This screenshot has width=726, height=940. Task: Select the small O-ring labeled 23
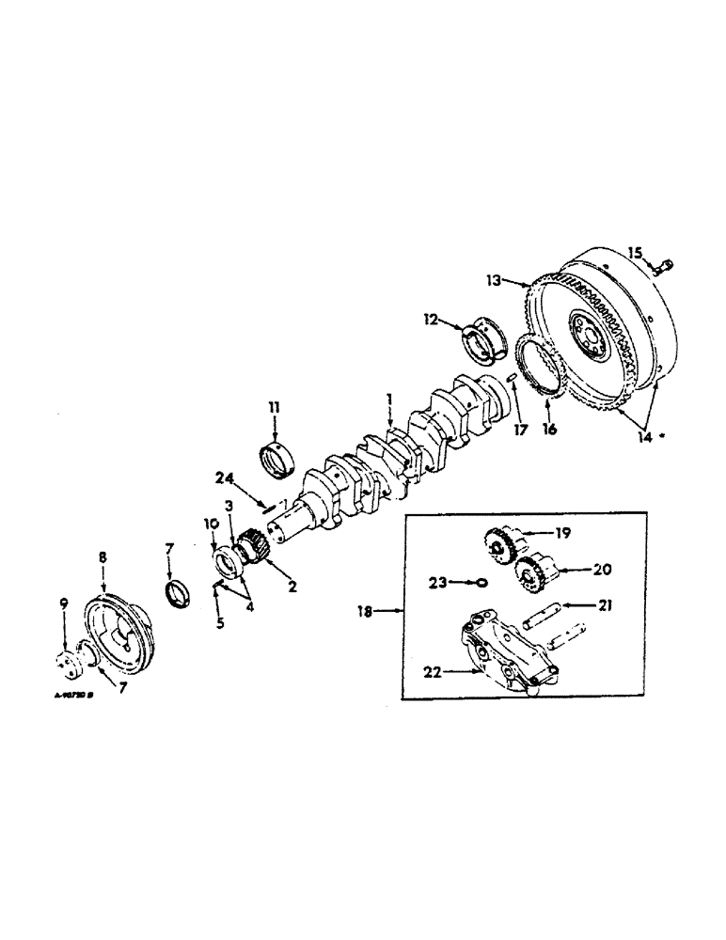click(481, 582)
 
